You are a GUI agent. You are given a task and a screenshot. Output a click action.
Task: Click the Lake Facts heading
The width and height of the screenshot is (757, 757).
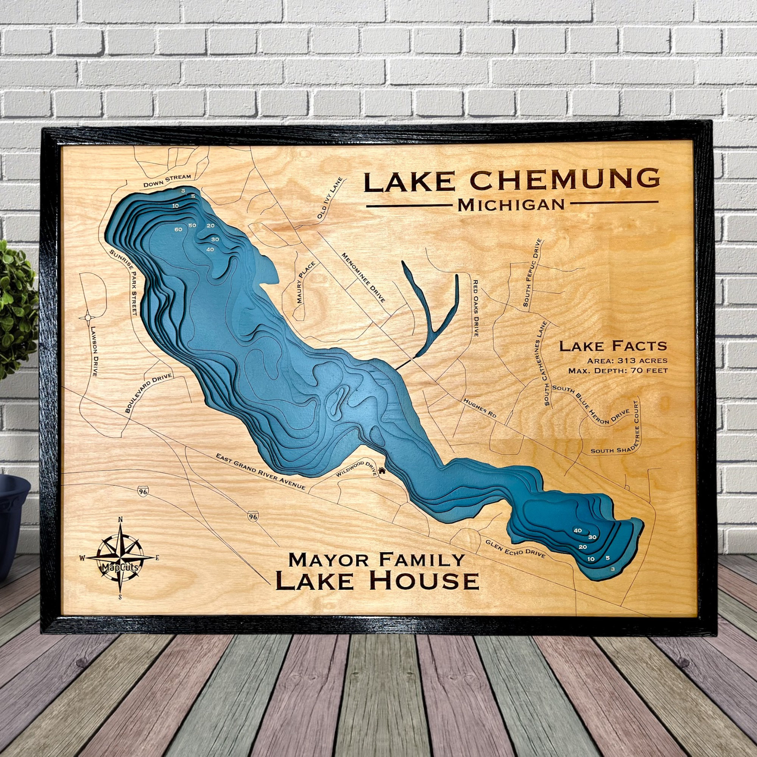click(x=613, y=346)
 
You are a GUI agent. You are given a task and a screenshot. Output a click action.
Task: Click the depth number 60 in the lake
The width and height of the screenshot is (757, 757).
click(x=179, y=230)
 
